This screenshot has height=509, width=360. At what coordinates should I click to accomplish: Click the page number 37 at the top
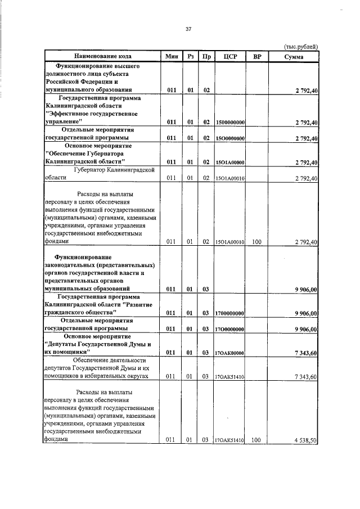coord(189,29)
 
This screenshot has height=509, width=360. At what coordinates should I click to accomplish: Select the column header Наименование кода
coord(102,56)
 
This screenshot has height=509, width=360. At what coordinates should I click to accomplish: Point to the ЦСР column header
coord(229,56)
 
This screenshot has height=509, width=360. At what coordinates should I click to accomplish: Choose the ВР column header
coord(257,56)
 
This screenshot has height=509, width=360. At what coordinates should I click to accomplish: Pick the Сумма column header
coord(293,56)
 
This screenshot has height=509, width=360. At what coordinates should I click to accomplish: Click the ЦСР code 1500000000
coord(229,122)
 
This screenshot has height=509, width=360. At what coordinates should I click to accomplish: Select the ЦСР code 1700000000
coord(229,313)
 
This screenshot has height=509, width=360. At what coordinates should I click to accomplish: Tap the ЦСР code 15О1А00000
coord(229,163)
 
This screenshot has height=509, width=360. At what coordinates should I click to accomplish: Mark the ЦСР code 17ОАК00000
coord(229,353)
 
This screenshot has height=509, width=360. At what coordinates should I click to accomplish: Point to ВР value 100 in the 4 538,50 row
coord(256,441)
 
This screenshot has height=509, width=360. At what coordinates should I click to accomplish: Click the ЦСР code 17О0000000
coord(229,329)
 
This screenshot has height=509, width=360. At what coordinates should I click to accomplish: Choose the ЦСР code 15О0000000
coord(229,138)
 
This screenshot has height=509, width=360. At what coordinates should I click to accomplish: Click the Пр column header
coord(207,56)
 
